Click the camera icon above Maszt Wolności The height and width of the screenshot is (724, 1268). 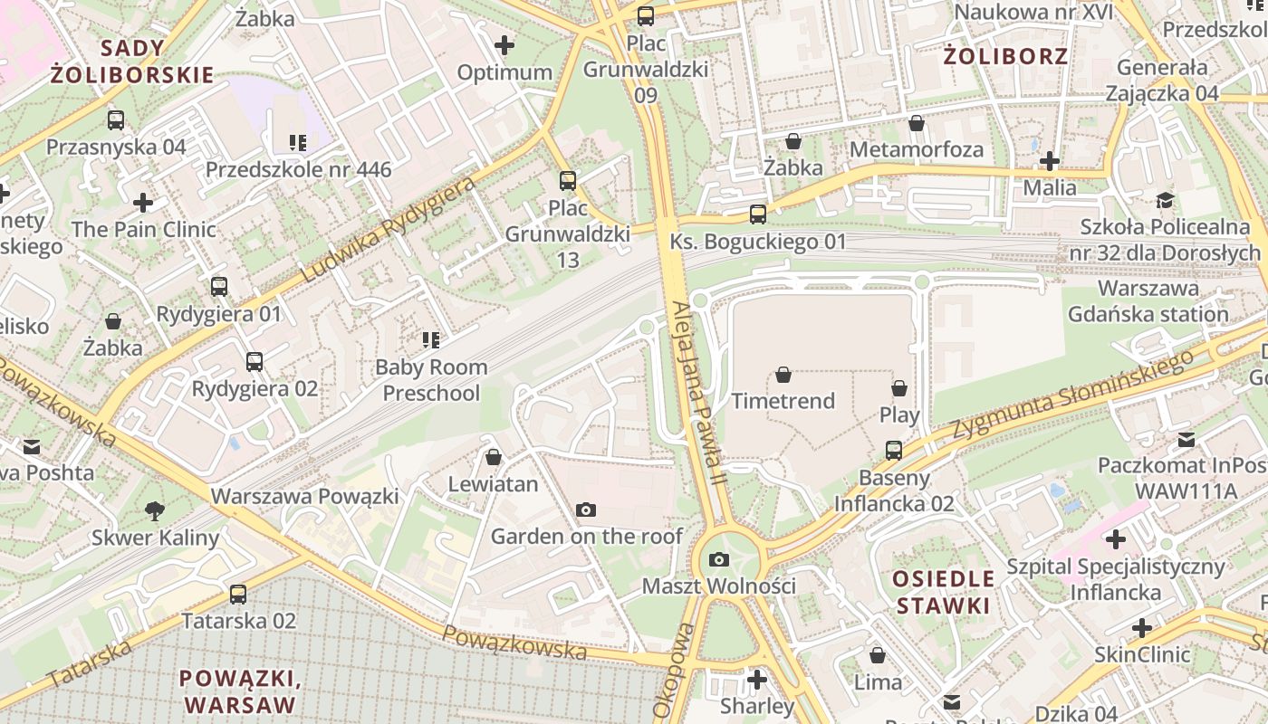[x=719, y=560]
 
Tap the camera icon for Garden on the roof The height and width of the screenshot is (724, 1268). [x=586, y=510]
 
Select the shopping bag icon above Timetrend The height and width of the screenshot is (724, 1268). [x=783, y=375]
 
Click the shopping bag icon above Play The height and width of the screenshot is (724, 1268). [x=899, y=388]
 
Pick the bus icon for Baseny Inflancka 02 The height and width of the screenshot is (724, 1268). [x=894, y=450]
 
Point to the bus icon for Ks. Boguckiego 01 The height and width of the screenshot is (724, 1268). [x=758, y=214]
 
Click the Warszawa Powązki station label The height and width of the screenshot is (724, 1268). [x=304, y=496]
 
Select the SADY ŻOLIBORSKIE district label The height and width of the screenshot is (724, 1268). [x=132, y=62]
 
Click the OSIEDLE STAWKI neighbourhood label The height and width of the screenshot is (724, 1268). [x=944, y=591]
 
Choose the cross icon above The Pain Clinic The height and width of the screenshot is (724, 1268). [x=143, y=203]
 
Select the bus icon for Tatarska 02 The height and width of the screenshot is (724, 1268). [x=238, y=595]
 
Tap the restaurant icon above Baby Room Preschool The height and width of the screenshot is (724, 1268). [x=431, y=340]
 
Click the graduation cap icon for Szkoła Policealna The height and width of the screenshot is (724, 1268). [x=1165, y=200]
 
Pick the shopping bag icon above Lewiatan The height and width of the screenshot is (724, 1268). [x=494, y=457]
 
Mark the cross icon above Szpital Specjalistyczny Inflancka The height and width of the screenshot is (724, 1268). [x=1116, y=540]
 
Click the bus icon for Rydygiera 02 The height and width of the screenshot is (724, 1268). [x=255, y=362]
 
